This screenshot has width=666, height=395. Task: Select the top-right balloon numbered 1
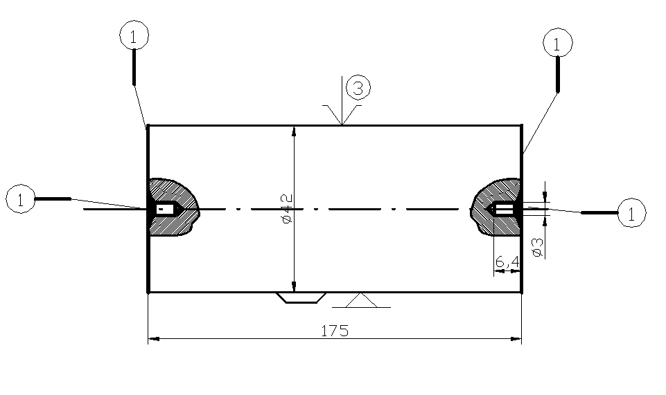point(558,43)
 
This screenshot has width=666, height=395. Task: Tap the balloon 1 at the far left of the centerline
point(20,200)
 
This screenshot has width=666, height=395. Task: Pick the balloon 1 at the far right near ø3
point(631,212)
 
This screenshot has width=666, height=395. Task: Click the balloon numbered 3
point(358,88)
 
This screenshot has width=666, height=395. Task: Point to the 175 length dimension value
point(335,330)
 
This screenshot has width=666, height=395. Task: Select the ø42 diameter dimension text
point(287,208)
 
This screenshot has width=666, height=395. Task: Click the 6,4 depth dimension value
point(507,262)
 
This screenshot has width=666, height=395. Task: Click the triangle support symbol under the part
point(360,300)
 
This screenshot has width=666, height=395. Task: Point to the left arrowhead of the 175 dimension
point(154,339)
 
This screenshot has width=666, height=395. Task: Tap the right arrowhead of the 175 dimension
point(516,339)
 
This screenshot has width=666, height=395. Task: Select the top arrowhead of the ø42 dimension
point(295,130)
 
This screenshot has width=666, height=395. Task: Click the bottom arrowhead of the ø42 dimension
point(295,287)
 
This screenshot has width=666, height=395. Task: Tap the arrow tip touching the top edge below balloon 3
point(342,125)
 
